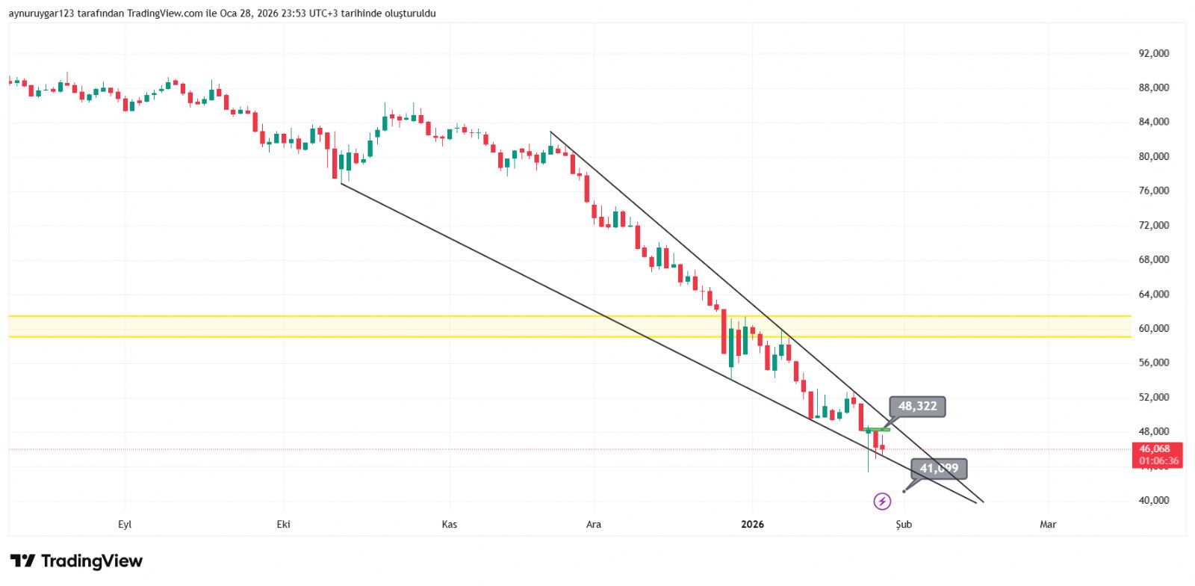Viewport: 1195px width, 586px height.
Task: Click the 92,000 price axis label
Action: tap(1153, 53)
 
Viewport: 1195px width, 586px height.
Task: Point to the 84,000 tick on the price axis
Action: tap(1153, 122)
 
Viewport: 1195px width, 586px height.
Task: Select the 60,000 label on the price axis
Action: tap(1153, 328)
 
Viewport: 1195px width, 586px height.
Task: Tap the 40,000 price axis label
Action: tap(1153, 500)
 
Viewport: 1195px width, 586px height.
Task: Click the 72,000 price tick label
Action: tap(1153, 225)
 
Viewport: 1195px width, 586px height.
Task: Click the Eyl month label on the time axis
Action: tap(125, 524)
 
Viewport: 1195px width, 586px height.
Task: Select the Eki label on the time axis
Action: tap(283, 524)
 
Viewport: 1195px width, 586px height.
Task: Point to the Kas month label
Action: tap(449, 524)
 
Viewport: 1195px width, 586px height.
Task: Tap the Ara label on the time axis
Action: tap(593, 524)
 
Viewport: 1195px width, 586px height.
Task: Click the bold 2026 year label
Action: tap(752, 524)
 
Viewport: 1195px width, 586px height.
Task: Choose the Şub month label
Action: tap(904, 524)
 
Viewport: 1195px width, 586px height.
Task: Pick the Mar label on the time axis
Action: tap(1048, 524)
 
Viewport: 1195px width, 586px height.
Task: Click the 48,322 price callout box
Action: tap(917, 406)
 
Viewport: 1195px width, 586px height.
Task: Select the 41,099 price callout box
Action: tap(939, 469)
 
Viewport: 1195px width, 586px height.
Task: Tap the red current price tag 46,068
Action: tap(1158, 449)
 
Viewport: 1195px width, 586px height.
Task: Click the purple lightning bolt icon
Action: tap(882, 501)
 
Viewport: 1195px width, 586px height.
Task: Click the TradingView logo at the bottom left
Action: tap(76, 561)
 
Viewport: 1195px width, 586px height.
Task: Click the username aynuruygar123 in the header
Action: tap(41, 13)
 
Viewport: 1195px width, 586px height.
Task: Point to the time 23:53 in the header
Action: tap(294, 13)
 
